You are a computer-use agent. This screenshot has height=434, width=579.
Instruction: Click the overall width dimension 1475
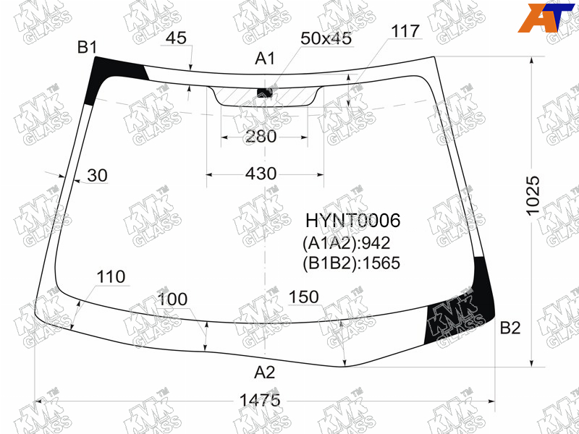coord(260,400)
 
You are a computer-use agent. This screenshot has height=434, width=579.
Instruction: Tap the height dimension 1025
coord(533,196)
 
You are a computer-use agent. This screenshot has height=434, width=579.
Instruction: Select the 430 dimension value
coord(261,174)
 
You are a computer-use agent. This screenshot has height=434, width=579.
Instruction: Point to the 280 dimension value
coord(261,137)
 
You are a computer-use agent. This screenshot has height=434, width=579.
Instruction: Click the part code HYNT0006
coord(352,221)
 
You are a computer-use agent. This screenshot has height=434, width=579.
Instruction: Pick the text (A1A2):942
coord(347,243)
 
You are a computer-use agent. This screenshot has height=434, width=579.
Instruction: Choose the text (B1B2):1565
coord(351,263)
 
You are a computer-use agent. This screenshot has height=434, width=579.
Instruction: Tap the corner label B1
coord(87,48)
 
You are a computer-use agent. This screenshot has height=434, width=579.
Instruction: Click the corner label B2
coord(510,328)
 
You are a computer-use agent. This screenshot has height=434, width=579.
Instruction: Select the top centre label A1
coord(265,59)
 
